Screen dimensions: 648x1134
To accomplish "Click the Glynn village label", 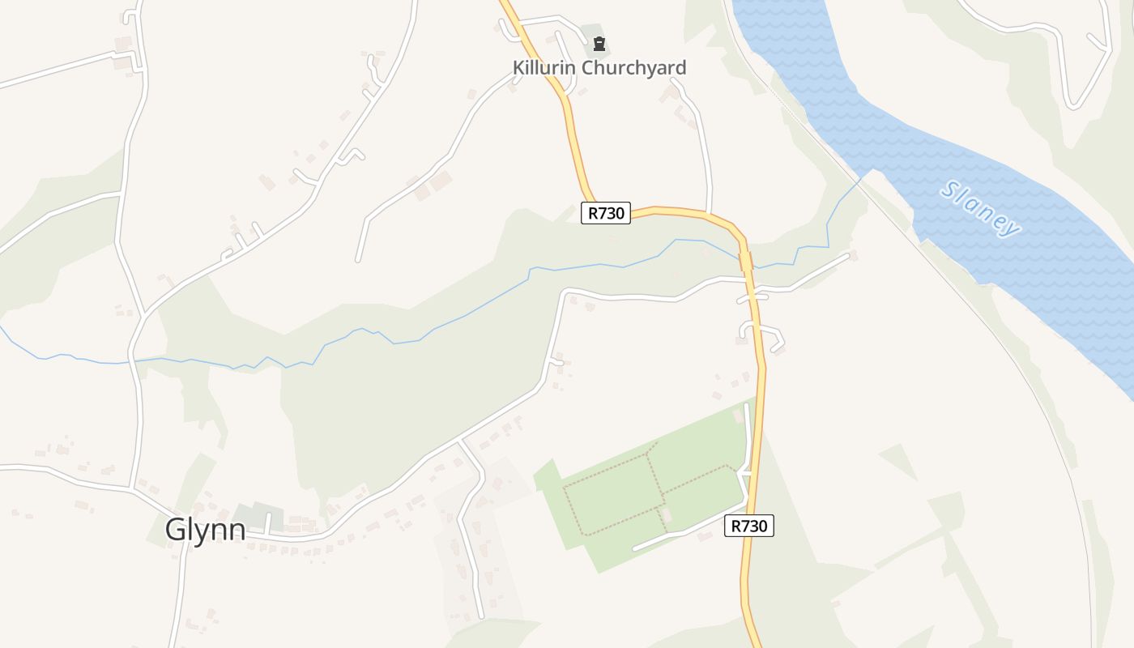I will pyautogui.click(x=205, y=529).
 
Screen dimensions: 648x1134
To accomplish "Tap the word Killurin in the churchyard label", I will pyautogui.click(x=544, y=68).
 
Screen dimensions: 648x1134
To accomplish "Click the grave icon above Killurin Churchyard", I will pyautogui.click(x=599, y=44).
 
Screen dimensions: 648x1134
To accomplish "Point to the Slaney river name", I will pyautogui.click(x=980, y=209).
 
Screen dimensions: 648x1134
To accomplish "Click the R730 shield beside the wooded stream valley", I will pyautogui.click(x=606, y=213).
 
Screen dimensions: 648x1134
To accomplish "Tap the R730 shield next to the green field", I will pyautogui.click(x=748, y=526).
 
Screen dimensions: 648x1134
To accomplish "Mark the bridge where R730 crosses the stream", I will pyautogui.click(x=745, y=260).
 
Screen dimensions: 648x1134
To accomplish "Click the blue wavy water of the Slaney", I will pyautogui.click(x=1053, y=267).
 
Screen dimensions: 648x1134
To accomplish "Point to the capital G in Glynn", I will pyautogui.click(x=177, y=529).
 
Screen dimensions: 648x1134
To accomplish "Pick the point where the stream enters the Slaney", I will pyautogui.click(x=871, y=171).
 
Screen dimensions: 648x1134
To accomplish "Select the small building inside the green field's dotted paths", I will pyautogui.click(x=667, y=515).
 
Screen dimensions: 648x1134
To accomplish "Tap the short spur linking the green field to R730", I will pyautogui.click(x=743, y=472).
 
